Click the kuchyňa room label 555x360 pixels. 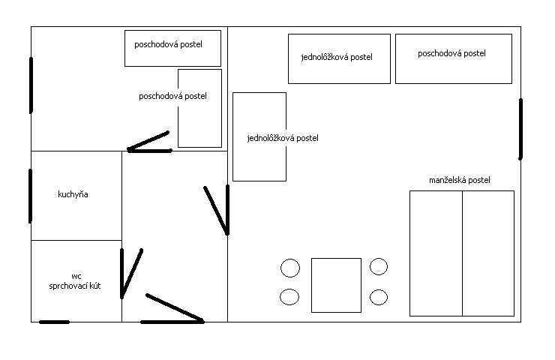tap(73, 195)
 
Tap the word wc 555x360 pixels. tap(76, 276)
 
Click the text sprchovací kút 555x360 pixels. tap(75, 286)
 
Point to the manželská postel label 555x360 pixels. tap(460, 181)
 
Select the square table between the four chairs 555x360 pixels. tap(336, 285)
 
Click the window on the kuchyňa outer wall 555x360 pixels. tap(31, 195)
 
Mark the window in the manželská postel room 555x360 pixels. tap(520, 128)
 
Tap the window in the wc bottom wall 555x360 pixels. tap(54, 322)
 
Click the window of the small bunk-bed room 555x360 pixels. tap(31, 85)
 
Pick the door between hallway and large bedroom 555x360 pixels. tap(217, 210)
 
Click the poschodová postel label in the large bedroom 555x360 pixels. tap(451, 53)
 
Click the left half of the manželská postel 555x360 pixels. tap(436, 253)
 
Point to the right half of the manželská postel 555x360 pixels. tap(487, 253)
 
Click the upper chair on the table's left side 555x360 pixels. tap(289, 268)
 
